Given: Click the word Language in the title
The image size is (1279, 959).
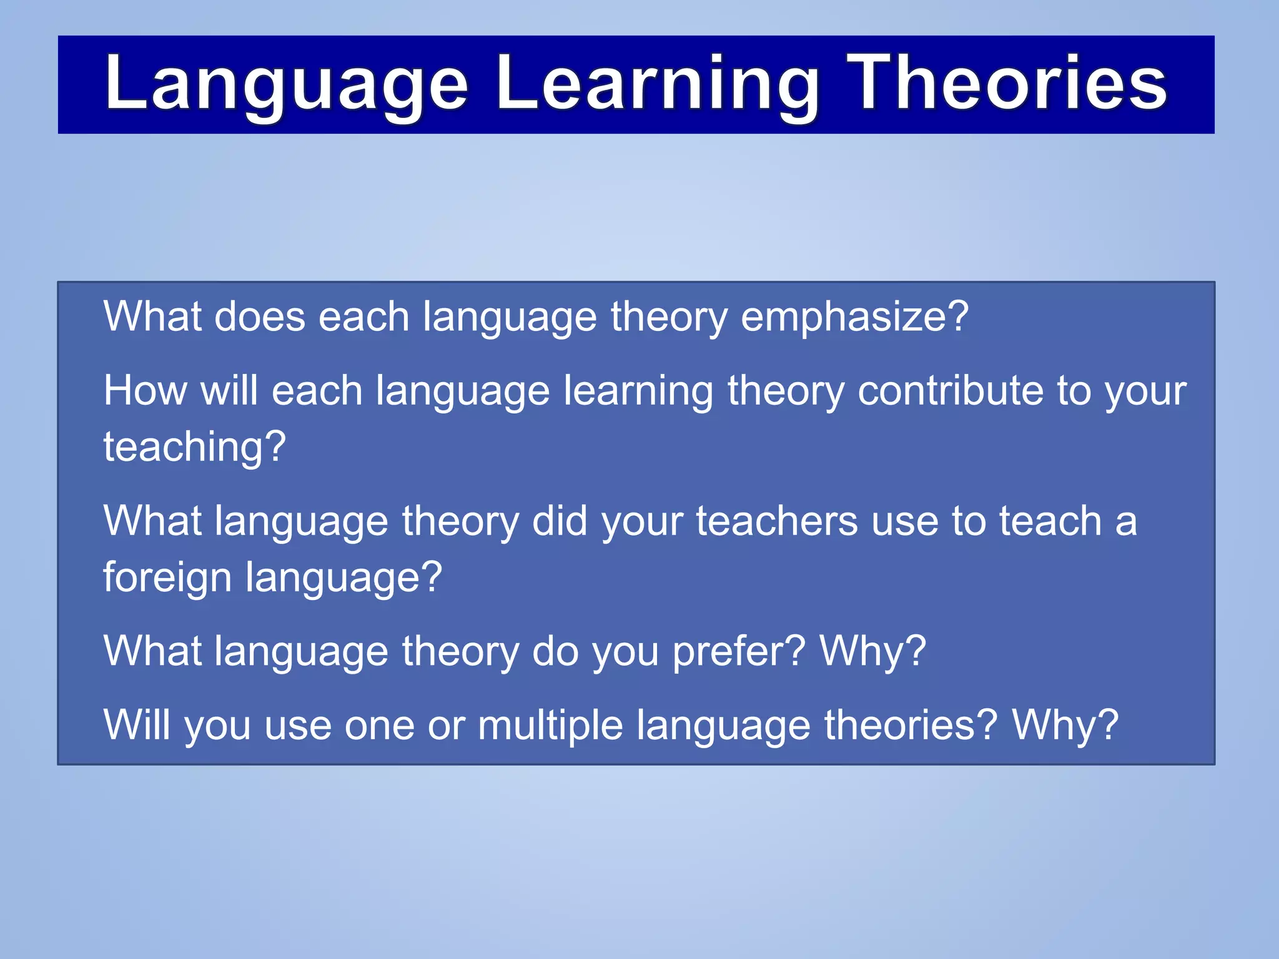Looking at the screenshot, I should pos(286,84).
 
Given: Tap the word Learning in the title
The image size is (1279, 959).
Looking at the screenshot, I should pos(657,84).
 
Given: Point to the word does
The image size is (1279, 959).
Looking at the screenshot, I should pos(259,317).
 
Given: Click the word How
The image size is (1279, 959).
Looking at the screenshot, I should pos(145,391).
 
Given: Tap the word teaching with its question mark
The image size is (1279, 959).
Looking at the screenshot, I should pos(194,447).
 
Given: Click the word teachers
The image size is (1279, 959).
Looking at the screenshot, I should pos(776,521).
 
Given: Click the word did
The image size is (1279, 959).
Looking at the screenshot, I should pos(560,521).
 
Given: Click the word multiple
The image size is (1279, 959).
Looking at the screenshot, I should pos(550,726).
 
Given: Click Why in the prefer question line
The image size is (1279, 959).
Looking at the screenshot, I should pos(872,651).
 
